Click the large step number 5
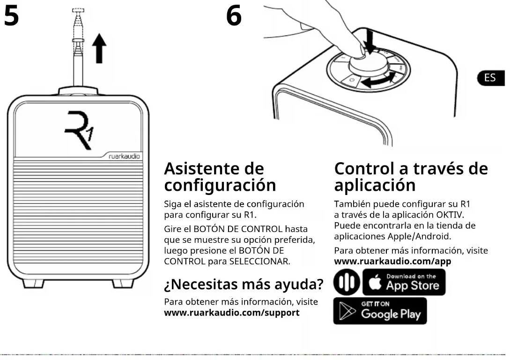click(x=11, y=16)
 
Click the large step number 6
click(x=234, y=16)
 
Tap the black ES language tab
click(x=490, y=78)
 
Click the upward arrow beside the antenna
click(x=99, y=49)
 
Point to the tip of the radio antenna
click(x=78, y=10)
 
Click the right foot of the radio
click(x=123, y=283)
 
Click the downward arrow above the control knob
click(x=370, y=42)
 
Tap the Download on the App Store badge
click(x=404, y=282)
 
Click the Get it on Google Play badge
click(x=380, y=311)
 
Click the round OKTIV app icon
click(x=347, y=283)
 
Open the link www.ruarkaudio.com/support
click(x=232, y=313)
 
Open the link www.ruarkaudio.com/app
click(x=392, y=262)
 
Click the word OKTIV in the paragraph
click(x=449, y=215)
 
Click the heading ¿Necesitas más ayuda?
click(x=244, y=284)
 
